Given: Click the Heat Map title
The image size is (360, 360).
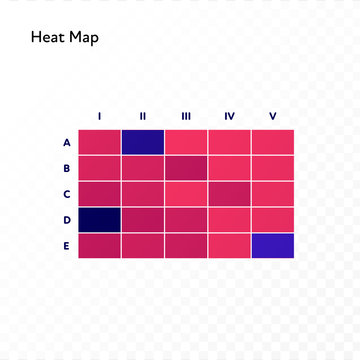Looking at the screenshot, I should pos(65,38).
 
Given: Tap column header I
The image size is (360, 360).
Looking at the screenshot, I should pos(99,117).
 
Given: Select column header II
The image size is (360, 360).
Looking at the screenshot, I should pos(142,117).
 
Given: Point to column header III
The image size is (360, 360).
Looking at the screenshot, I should pos(186,117).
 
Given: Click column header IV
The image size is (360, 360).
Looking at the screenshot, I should pos(229,117).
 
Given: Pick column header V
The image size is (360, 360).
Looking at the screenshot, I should pos(273,117).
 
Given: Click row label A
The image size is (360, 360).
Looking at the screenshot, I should pos(66,142).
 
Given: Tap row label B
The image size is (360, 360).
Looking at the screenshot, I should pos(66,168).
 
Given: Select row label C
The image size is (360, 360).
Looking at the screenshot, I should pos(66,194).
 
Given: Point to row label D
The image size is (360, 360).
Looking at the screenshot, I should pos(66,219).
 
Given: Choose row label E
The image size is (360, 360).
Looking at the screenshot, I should pos(66,245).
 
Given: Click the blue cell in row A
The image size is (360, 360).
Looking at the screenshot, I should pos(142,142).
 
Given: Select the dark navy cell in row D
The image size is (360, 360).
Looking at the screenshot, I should pos(99,219).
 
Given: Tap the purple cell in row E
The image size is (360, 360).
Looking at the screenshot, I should pos(273,245).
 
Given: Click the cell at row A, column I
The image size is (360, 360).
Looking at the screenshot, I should pos(99,142).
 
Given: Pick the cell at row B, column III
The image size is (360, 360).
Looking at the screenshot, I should pos(186,168).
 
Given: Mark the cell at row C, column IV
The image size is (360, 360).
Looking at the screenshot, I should pos(229,194).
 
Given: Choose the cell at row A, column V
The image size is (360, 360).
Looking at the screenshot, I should pos(273,142).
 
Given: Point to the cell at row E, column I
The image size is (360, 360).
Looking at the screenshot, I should pos(99,245).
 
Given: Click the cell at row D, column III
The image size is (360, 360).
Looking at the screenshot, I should pos(186,219).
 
